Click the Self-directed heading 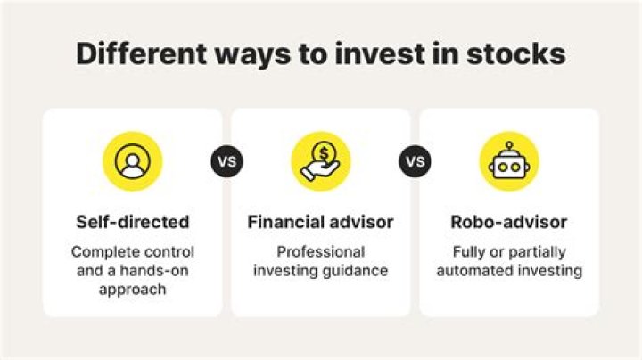(133, 221)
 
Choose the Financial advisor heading (320, 221)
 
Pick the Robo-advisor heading (509, 221)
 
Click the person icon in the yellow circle (133, 161)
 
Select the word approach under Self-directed (133, 290)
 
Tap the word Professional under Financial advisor (320, 251)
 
